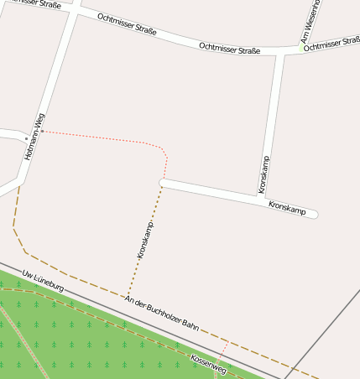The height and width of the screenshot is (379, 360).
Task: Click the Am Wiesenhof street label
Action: pyautogui.click(x=311, y=20)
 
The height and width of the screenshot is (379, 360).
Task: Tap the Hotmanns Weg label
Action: pyautogui.click(x=34, y=136)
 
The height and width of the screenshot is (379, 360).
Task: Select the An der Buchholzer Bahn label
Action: pyautogui.click(x=162, y=314)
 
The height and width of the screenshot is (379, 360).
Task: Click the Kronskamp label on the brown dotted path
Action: pyautogui.click(x=145, y=239)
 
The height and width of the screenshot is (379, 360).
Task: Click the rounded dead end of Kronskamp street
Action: pyautogui.click(x=315, y=214)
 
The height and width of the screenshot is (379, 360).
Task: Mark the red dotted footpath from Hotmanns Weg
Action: pyautogui.click(x=101, y=137)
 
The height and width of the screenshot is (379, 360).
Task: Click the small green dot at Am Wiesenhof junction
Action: pyautogui.click(x=301, y=49)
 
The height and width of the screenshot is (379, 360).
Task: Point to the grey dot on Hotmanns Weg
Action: pyautogui.click(x=25, y=139)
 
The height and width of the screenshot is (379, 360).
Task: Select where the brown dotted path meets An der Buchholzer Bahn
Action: pyautogui.click(x=126, y=298)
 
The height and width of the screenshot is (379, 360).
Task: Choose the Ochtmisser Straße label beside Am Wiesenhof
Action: pyautogui.click(x=332, y=43)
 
